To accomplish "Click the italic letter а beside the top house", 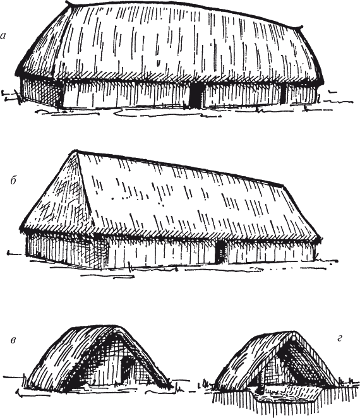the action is tap(3, 36).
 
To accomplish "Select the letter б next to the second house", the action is tap(14, 181).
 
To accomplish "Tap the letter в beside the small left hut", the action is tap(13, 340).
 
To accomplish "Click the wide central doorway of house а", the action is tap(196, 95).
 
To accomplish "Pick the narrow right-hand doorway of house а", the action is tap(283, 95).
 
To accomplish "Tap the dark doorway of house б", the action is tap(220, 252).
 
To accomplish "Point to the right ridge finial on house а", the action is tap(300, 27).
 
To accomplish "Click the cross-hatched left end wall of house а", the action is tap(41, 93).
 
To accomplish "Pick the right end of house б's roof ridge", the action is tap(283, 185).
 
